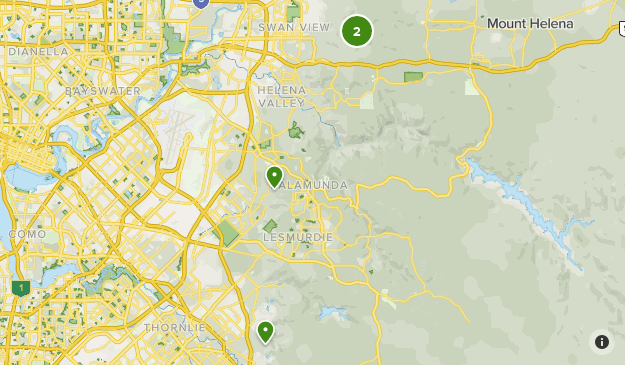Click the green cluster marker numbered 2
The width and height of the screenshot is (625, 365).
coord(357,31)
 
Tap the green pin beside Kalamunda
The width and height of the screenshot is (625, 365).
coord(274,177)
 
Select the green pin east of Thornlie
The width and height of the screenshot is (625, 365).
coord(265,331)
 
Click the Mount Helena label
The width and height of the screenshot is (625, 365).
coord(530,23)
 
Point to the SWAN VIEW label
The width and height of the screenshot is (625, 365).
coord(294,27)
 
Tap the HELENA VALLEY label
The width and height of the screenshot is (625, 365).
coord(280,97)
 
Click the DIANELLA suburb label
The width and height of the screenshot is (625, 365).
coord(38,51)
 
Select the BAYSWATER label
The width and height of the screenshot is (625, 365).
coord(104,90)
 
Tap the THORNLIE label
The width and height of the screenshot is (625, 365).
coord(174,327)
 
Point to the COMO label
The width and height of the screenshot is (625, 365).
coord(28,233)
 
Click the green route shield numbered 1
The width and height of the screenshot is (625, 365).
coord(20,288)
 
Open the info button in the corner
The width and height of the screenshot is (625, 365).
coord(601,342)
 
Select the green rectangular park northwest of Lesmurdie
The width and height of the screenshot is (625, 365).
coord(227,234)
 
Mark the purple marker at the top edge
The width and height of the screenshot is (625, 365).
coord(201,2)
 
